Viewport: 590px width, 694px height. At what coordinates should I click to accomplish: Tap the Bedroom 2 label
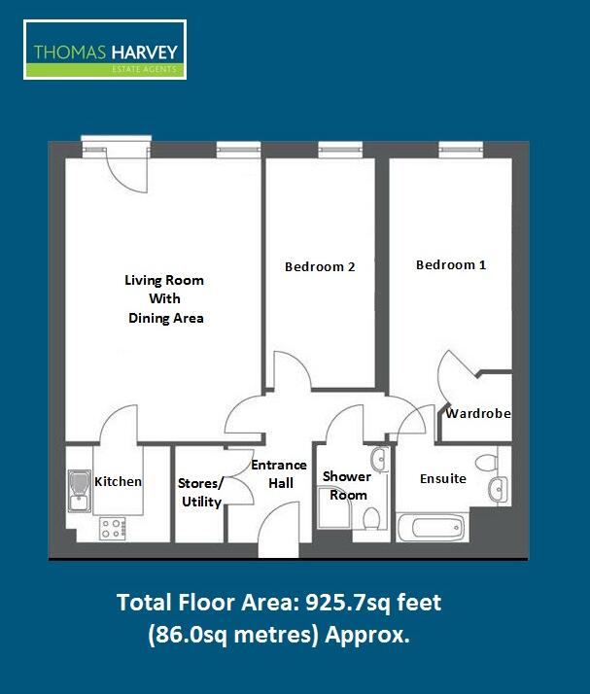[320, 266]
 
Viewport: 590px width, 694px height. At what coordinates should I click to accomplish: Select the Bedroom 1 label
[451, 264]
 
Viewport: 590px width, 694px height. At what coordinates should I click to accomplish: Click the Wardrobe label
[478, 413]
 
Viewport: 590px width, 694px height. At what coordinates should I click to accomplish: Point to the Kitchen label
[118, 481]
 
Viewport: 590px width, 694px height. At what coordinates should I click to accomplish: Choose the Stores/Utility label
[200, 492]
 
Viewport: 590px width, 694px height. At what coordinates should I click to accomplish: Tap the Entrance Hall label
[279, 473]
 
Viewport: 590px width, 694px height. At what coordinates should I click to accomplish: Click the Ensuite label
[443, 478]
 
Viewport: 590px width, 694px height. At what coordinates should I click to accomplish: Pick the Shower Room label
[347, 485]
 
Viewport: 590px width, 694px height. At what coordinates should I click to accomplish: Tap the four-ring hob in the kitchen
[113, 530]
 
